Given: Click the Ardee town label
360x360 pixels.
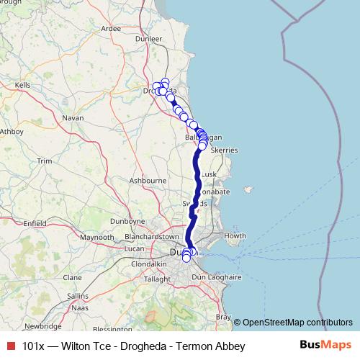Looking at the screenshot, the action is pyautogui.click(x=112, y=29).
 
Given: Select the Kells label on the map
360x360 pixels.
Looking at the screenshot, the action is pyautogui.click(x=24, y=85).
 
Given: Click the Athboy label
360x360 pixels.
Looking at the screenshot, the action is pyautogui.click(x=12, y=132).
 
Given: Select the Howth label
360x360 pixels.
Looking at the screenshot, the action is pyautogui.click(x=235, y=236).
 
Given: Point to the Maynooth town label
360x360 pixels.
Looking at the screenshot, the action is pyautogui.click(x=98, y=237).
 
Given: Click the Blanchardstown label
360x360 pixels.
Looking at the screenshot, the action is pyautogui.click(x=151, y=236).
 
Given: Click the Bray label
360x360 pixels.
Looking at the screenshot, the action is pyautogui.click(x=224, y=317).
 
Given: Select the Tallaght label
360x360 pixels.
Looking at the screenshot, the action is pyautogui.click(x=158, y=279).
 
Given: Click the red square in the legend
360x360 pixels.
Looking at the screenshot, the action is pyautogui.click(x=11, y=346).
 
